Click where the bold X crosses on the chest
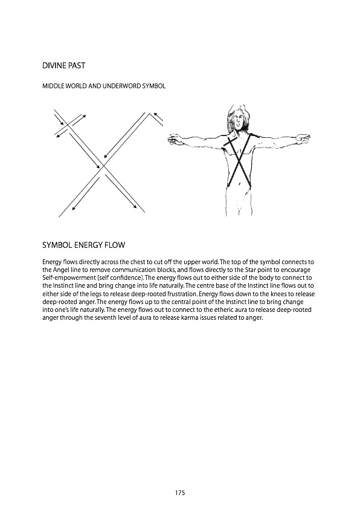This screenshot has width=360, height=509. [x=239, y=158]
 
